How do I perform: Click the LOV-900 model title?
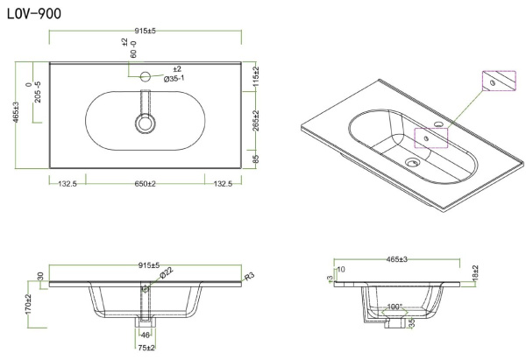pyautogui.click(x=34, y=14)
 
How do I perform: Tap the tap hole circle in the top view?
pyautogui.click(x=146, y=76)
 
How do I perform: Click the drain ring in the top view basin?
pyautogui.click(x=146, y=124)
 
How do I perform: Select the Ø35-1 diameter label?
pyautogui.click(x=174, y=79)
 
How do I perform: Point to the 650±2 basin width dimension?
pyautogui.click(x=146, y=184)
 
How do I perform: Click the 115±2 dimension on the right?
pyautogui.click(x=256, y=76)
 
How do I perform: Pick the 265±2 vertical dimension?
pyautogui.click(x=256, y=120)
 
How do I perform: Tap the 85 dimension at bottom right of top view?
pyautogui.click(x=256, y=159)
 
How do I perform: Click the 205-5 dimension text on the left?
pyautogui.click(x=38, y=92)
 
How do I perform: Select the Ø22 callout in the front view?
pyautogui.click(x=167, y=273)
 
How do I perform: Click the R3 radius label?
pyautogui.click(x=250, y=276)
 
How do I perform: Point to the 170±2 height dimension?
pyautogui.click(x=28, y=304)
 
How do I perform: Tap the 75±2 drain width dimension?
pyautogui.click(x=146, y=348)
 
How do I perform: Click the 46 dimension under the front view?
pyautogui.click(x=146, y=335)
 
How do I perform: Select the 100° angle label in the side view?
pyautogui.click(x=394, y=307)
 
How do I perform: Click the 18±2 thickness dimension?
pyautogui.click(x=475, y=273)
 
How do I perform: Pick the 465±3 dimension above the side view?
pyautogui.click(x=397, y=259)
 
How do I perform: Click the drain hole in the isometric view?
pyautogui.click(x=412, y=163)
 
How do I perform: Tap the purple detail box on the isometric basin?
pyautogui.click(x=431, y=138)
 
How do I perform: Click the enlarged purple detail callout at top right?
pyautogui.click(x=499, y=81)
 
